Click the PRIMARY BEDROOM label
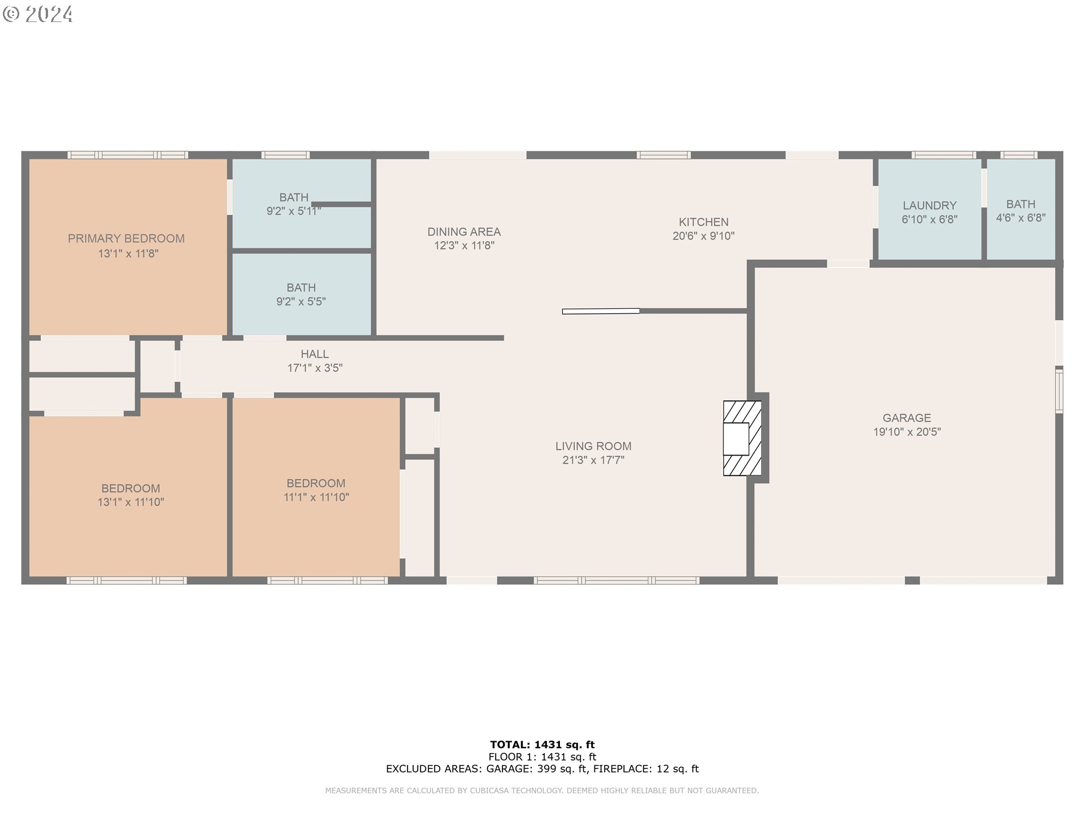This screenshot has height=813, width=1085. [x=126, y=238]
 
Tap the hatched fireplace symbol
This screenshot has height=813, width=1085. [x=742, y=438]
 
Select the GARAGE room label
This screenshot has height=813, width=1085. [x=906, y=418]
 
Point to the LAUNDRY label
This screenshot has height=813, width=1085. [x=929, y=206]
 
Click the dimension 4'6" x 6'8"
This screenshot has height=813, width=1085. [x=1021, y=218]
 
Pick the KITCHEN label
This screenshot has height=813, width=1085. [x=703, y=222]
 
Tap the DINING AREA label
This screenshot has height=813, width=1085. [x=463, y=231]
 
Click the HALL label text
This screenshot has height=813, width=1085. [x=314, y=354]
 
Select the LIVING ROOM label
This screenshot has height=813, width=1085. [x=593, y=446]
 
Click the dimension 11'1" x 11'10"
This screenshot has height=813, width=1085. [x=316, y=497]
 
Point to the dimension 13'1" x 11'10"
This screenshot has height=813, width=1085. [x=131, y=502]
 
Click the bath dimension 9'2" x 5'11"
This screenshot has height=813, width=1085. [x=293, y=211]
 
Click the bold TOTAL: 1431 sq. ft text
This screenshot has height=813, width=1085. [x=542, y=745]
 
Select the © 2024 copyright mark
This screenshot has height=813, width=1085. [x=38, y=14]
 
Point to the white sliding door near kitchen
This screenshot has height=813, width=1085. [x=601, y=311]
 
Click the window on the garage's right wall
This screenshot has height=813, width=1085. [x=1059, y=391]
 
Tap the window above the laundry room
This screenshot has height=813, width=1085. [x=943, y=155]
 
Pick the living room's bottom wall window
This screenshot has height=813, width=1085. [x=616, y=580]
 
